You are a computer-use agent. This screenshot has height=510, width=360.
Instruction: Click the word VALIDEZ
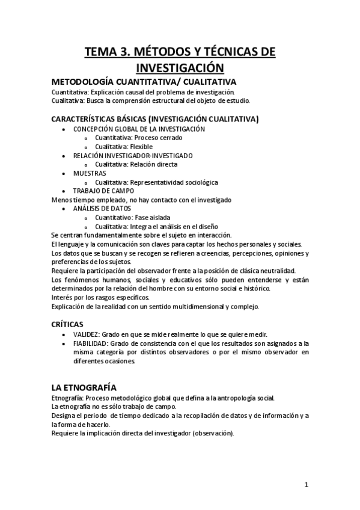click(87, 334)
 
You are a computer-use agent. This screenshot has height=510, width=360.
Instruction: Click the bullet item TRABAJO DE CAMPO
click(102, 191)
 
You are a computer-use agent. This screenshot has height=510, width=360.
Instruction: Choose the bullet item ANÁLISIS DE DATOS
click(102, 208)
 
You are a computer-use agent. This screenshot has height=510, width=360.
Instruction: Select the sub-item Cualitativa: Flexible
click(124, 147)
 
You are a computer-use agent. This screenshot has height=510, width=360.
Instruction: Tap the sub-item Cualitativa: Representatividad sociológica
click(156, 182)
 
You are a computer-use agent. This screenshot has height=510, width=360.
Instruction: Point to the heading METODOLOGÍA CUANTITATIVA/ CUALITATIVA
click(144, 82)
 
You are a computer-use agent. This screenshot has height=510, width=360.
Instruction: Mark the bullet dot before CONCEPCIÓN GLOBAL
click(64, 129)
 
